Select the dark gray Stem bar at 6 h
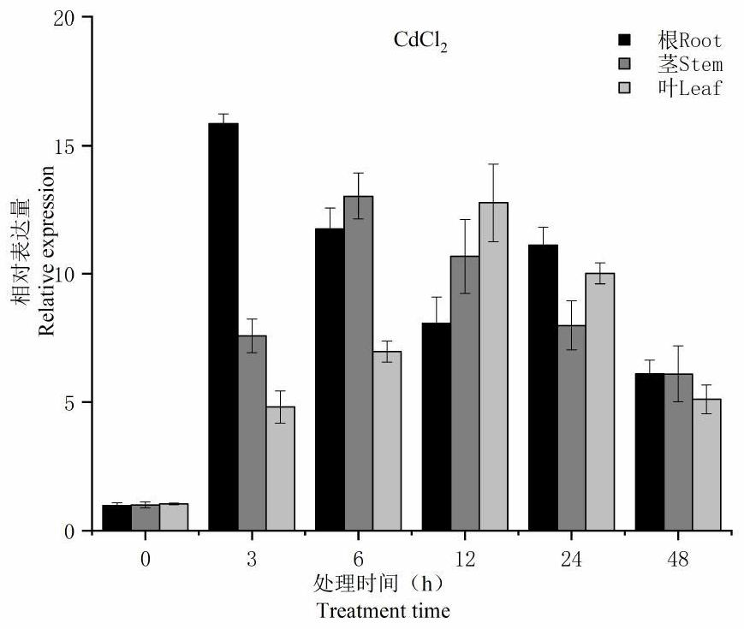359,363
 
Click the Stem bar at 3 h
252,433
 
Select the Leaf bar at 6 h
387,441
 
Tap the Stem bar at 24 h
572,428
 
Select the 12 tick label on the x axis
465,560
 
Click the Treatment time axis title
383,611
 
